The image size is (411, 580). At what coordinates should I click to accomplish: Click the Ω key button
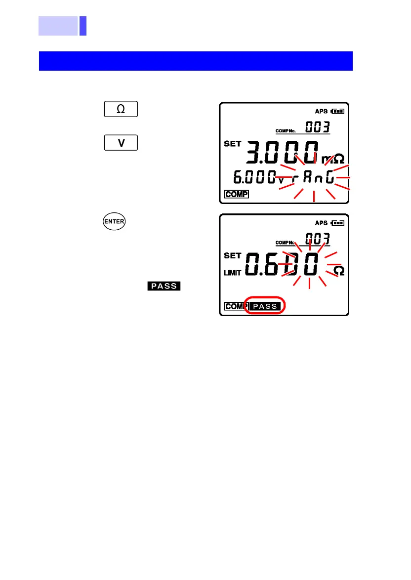tap(121, 109)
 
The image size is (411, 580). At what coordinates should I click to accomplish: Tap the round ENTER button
tap(114, 222)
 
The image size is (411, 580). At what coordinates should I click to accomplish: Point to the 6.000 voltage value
tap(251, 177)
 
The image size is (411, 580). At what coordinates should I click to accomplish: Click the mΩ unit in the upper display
tap(334, 160)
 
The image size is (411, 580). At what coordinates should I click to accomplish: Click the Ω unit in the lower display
tap(338, 271)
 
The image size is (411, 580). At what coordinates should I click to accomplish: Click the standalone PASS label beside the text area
tap(164, 286)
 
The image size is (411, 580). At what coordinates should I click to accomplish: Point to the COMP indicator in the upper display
tap(236, 194)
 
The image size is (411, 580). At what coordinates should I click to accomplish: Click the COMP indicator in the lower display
tap(235, 306)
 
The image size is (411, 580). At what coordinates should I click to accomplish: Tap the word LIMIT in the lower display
tap(233, 273)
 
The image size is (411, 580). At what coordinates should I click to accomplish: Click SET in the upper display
tap(233, 144)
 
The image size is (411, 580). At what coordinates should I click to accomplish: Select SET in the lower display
tap(233, 256)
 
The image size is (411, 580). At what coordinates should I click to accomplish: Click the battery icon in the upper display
tap(339, 111)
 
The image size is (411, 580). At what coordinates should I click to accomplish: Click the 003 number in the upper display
tap(317, 127)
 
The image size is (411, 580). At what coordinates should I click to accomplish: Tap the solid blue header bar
tap(196, 61)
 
